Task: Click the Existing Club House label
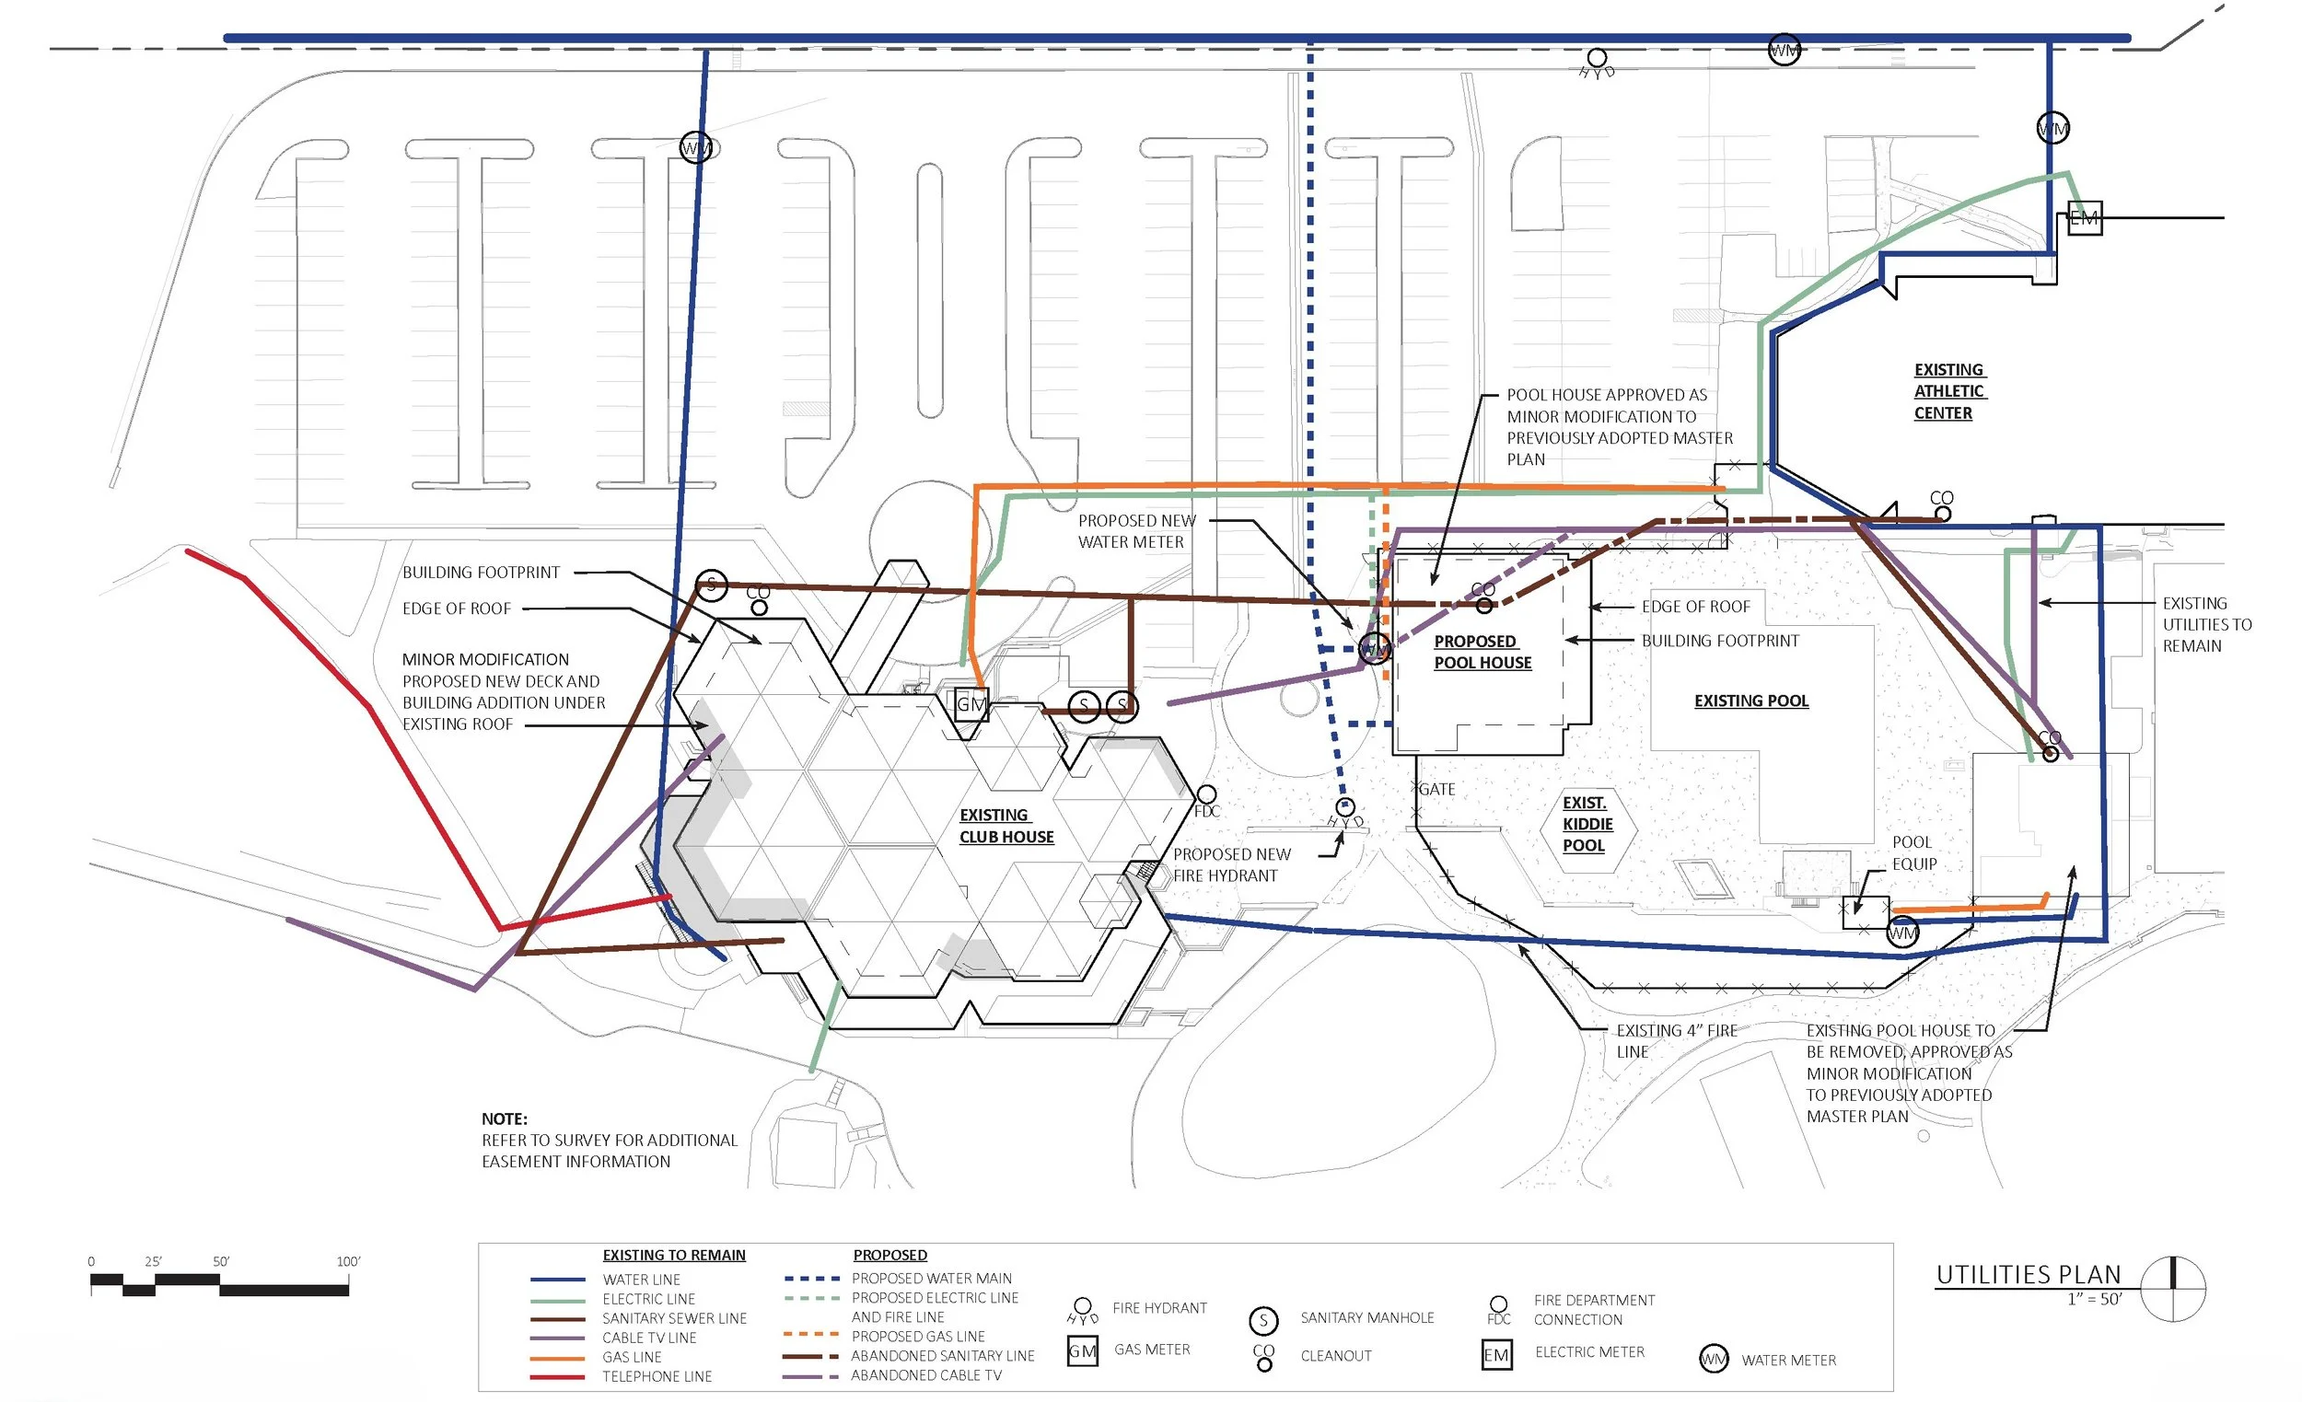click(x=1006, y=827)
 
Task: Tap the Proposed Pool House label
click(x=1482, y=652)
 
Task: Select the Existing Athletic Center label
click(x=1948, y=391)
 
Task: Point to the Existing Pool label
click(x=1750, y=701)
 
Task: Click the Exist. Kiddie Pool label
click(x=1587, y=824)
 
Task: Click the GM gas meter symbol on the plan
click(x=971, y=704)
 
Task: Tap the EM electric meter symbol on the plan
click(x=2084, y=218)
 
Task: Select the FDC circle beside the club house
click(x=1206, y=794)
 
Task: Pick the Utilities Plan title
click(x=2028, y=1275)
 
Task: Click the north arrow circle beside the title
click(x=2173, y=1289)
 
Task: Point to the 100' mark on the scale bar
click(x=347, y=1261)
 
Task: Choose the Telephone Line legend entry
click(x=657, y=1376)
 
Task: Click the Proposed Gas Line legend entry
click(x=917, y=1337)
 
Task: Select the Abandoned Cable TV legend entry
click(x=925, y=1375)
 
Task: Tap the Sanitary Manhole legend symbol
click(x=1263, y=1320)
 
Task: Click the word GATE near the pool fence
click(x=1436, y=789)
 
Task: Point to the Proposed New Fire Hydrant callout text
click(x=1231, y=865)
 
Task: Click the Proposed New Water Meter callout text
click(x=1136, y=531)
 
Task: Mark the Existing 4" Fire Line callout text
click(x=1676, y=1040)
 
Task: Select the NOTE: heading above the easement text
click(x=505, y=1118)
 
